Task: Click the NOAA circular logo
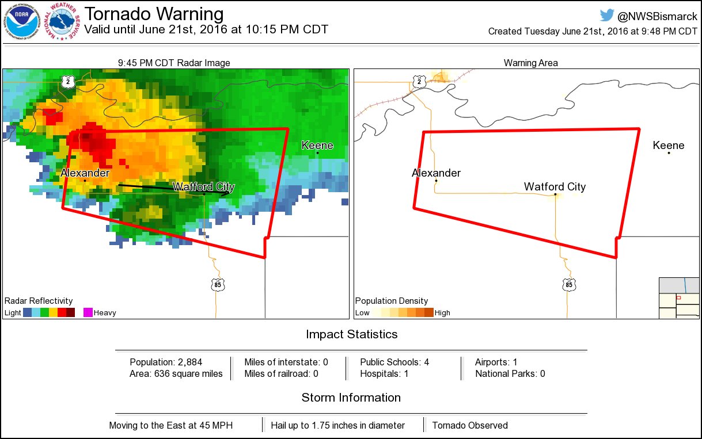tap(23, 22)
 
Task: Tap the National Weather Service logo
tap(64, 22)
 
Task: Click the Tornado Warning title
tap(154, 14)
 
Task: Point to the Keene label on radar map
tap(317, 146)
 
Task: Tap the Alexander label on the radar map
tap(85, 173)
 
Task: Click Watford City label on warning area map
tap(555, 186)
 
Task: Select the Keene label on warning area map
tap(669, 146)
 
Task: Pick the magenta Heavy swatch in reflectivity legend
tap(88, 312)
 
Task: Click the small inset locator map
tap(678, 298)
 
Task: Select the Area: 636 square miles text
tap(176, 374)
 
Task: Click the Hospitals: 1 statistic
tap(384, 374)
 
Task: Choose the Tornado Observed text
tap(470, 426)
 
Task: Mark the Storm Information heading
tap(351, 398)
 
